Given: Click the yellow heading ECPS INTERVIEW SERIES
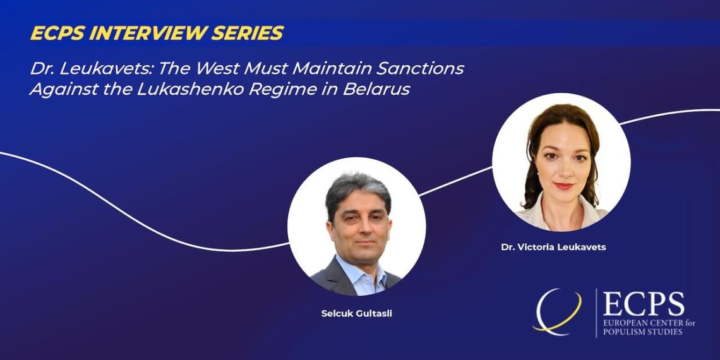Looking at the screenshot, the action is click(x=157, y=33).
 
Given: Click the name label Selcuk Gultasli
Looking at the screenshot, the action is click(x=357, y=315).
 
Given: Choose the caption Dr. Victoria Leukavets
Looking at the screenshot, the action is click(x=553, y=247).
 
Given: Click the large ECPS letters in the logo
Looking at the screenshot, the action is click(x=644, y=304).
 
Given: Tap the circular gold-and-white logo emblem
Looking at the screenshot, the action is click(x=556, y=312).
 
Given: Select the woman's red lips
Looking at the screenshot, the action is click(x=563, y=186).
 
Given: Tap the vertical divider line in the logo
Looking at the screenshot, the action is click(x=596, y=313).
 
